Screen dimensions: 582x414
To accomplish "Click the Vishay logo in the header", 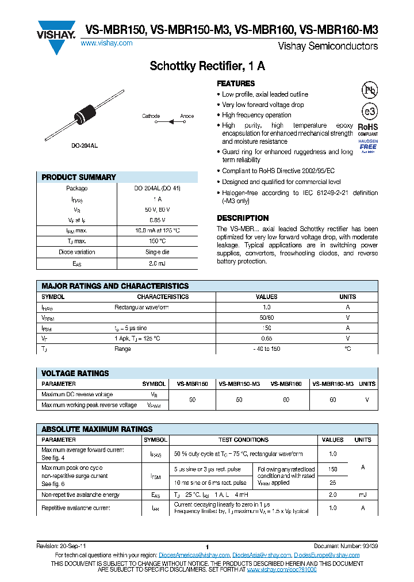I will (56, 36).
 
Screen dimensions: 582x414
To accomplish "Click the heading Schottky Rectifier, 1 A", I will (207, 66).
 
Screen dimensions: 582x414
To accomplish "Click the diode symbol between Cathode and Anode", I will (170, 122).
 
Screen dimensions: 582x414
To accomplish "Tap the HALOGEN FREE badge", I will (368, 146).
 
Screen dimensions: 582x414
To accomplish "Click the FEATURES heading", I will (236, 83).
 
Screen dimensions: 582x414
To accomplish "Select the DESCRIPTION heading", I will (243, 218).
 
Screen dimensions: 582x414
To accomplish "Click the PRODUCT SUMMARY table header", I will (79, 177).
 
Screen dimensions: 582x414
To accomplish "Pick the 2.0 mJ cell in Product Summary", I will (157, 263).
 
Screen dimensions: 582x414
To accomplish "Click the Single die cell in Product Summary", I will (157, 252).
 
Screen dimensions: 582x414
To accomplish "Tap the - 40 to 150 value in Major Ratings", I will (266, 349).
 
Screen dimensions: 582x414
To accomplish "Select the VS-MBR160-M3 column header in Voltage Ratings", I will (333, 384).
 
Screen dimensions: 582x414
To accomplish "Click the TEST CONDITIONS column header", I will (244, 439).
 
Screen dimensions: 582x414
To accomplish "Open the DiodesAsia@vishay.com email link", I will (261, 555).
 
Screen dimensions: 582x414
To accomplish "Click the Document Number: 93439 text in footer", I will (346, 546).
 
